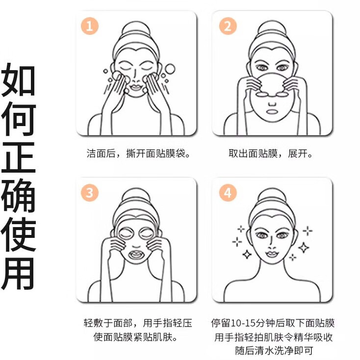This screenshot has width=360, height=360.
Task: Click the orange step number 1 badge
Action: [89, 26]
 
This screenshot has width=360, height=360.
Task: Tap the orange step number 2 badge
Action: [227, 26]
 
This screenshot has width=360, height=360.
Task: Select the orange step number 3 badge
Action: [89, 193]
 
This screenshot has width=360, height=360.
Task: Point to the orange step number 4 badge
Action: [227, 193]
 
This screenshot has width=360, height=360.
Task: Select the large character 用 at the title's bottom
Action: [18, 272]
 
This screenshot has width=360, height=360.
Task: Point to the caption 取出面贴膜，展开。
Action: [271, 154]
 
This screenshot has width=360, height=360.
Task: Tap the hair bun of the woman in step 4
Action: [272, 194]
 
